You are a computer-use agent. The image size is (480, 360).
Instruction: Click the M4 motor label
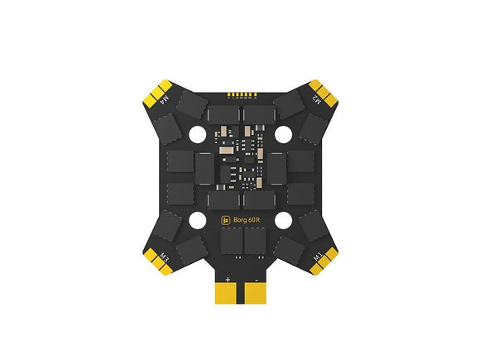[165, 98]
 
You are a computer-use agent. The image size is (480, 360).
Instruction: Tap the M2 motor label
[316, 99]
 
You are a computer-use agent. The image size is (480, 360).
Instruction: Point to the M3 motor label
[164, 257]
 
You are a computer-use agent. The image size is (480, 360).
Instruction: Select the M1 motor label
[318, 257]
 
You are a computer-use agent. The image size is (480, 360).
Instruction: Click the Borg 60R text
[247, 220]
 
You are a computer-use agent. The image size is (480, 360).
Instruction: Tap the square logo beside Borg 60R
[226, 220]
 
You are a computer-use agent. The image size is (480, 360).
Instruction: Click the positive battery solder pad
[226, 293]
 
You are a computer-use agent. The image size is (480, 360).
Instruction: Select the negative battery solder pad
[256, 293]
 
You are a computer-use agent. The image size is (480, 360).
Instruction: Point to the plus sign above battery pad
[228, 280]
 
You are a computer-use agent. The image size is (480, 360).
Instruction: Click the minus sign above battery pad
[257, 280]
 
